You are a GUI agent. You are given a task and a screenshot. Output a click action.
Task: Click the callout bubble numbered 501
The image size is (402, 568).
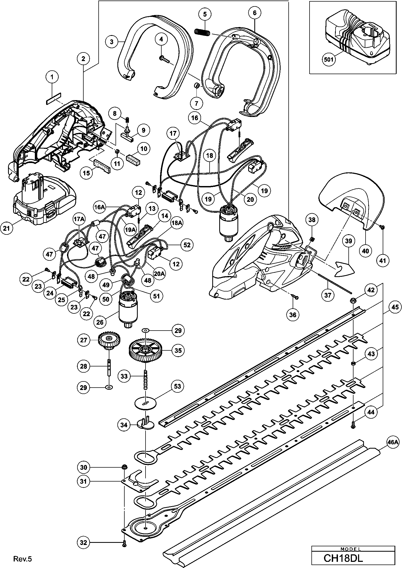pyautogui.click(x=329, y=59)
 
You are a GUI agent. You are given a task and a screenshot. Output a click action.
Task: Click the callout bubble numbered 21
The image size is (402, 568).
pyautogui.click(x=7, y=228)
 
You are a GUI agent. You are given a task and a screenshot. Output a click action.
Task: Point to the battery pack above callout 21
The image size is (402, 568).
pyautogui.click(x=44, y=199)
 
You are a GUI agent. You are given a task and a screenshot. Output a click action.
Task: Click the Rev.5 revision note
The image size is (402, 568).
pyautogui.click(x=23, y=559)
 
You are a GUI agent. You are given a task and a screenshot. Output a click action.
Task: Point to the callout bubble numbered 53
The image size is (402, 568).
pyautogui.click(x=178, y=386)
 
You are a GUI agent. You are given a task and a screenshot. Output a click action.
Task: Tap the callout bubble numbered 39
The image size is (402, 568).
pyautogui.click(x=348, y=241)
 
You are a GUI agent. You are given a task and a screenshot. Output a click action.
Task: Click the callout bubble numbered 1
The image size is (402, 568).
pyautogui.click(x=52, y=77)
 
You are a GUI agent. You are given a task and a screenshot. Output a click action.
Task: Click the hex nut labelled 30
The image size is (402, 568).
pyautogui.click(x=124, y=467)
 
